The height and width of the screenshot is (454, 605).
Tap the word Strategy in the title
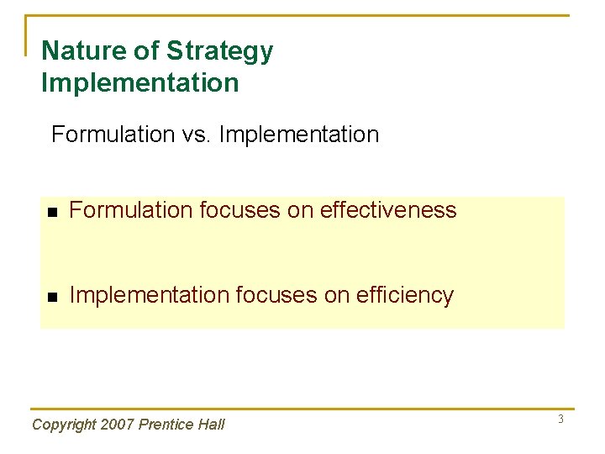coord(219,51)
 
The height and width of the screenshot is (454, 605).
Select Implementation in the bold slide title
coord(139,83)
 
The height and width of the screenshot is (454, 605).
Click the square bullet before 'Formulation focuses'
coord(52,212)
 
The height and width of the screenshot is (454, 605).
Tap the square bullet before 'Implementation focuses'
coord(52,297)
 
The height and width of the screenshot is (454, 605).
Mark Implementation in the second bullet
coord(149,295)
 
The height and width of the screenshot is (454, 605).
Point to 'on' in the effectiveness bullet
coord(297,210)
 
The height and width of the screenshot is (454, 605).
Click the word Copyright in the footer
coord(64,425)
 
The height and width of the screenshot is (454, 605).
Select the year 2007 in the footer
coord(117,425)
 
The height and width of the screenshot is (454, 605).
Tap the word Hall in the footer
coord(211,425)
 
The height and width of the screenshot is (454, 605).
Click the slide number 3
coord(560,419)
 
